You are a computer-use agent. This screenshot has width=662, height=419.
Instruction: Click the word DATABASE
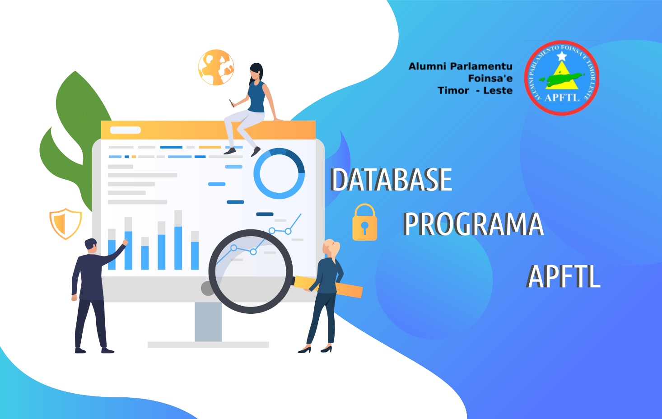[391, 180]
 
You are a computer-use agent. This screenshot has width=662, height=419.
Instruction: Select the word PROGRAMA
[473, 224]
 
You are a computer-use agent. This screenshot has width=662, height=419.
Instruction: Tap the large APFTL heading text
[564, 276]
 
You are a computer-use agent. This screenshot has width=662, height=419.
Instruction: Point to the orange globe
[216, 67]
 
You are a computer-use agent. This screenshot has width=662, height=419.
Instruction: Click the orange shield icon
[66, 223]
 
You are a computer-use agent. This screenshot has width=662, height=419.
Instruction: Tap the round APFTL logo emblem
[562, 78]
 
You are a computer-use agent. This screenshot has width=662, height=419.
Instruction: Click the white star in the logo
[562, 56]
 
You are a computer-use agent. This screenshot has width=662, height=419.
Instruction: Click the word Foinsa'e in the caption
[490, 79]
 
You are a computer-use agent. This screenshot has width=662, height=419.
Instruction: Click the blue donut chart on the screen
[279, 173]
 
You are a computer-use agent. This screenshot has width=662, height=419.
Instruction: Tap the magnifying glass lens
[251, 271]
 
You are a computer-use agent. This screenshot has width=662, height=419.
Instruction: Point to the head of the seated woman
[256, 72]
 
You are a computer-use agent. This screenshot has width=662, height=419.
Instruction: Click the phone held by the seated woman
[232, 103]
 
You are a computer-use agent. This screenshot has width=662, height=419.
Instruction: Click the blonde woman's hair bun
[337, 247]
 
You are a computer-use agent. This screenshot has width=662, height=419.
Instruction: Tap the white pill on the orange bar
[126, 130]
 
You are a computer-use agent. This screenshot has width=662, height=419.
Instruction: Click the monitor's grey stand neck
[208, 321]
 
